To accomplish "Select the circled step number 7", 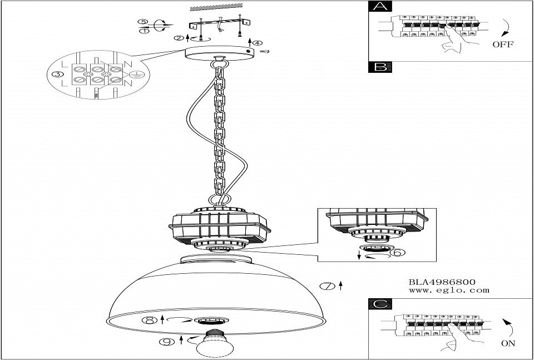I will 328,286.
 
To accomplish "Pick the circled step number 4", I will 258,43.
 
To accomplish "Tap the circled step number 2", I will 179,38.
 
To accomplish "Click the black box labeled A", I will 380,7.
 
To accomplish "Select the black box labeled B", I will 380,67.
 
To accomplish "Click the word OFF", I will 503,45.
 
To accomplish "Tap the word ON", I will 508,343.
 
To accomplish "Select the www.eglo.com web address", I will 449,290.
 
